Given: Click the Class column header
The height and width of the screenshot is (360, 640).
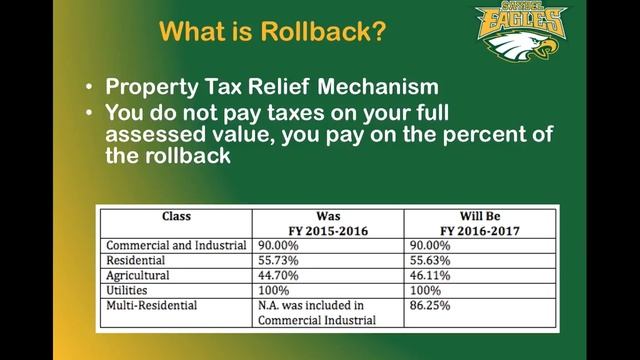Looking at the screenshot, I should tap(176, 215).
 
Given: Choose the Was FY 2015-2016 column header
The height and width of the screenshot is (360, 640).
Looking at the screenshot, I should tap(328, 222).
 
